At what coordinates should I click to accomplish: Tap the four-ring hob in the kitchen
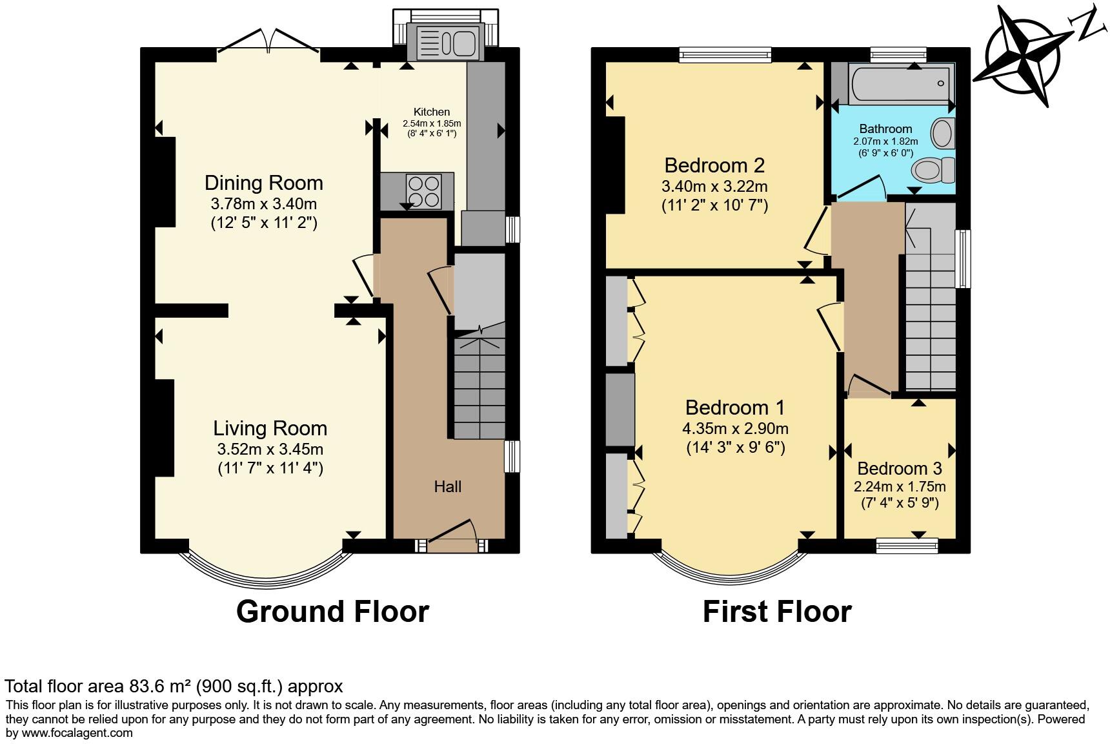click(x=423, y=191)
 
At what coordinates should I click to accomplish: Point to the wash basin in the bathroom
click(x=945, y=133)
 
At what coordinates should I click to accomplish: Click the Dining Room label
click(x=264, y=183)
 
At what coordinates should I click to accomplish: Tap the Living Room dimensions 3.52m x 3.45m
click(x=270, y=449)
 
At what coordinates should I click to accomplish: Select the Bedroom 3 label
click(x=900, y=468)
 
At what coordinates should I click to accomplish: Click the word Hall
click(x=447, y=486)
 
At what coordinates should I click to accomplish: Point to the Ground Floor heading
click(x=332, y=611)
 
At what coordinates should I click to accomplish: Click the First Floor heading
click(x=777, y=611)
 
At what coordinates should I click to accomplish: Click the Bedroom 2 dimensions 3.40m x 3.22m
click(x=714, y=187)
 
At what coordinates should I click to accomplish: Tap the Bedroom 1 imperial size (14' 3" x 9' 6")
click(x=735, y=448)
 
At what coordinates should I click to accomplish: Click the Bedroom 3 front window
click(x=907, y=546)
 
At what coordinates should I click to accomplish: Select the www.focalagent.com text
click(x=77, y=732)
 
